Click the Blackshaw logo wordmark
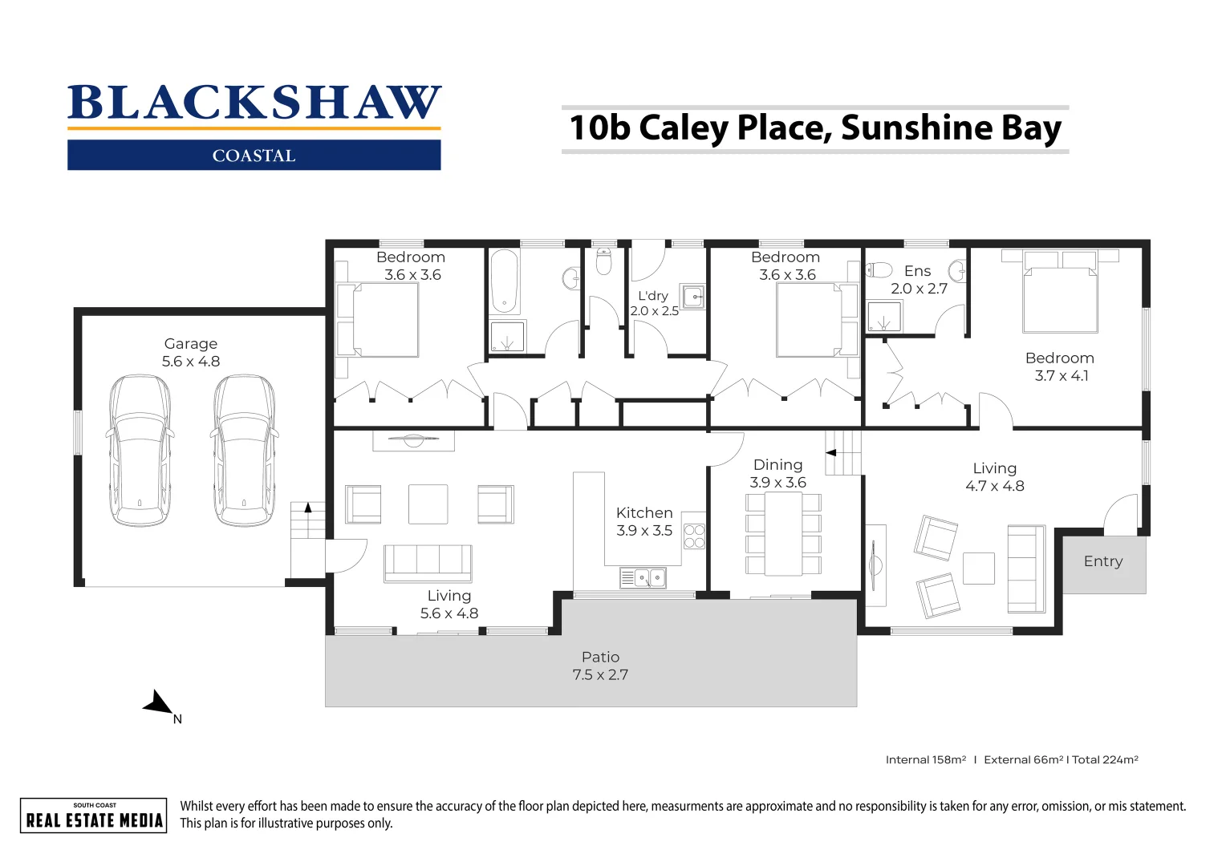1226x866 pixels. (254, 103)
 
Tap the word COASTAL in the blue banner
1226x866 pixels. (254, 156)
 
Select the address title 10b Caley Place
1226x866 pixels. (814, 128)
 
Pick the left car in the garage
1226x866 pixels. (140, 450)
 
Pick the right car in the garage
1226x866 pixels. (244, 450)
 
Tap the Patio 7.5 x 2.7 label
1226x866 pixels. (600, 666)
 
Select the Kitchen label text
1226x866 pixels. (644, 513)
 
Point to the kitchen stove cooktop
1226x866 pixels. (694, 536)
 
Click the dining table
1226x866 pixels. (783, 534)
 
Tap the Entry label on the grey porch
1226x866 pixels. (1103, 561)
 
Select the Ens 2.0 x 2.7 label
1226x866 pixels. (919, 280)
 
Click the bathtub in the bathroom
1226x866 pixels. (505, 281)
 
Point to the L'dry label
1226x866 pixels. (653, 296)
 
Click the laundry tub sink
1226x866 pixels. (693, 297)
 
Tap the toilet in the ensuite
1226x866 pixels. (879, 269)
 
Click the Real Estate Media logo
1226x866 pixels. (94, 815)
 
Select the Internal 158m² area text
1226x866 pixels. (926, 759)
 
